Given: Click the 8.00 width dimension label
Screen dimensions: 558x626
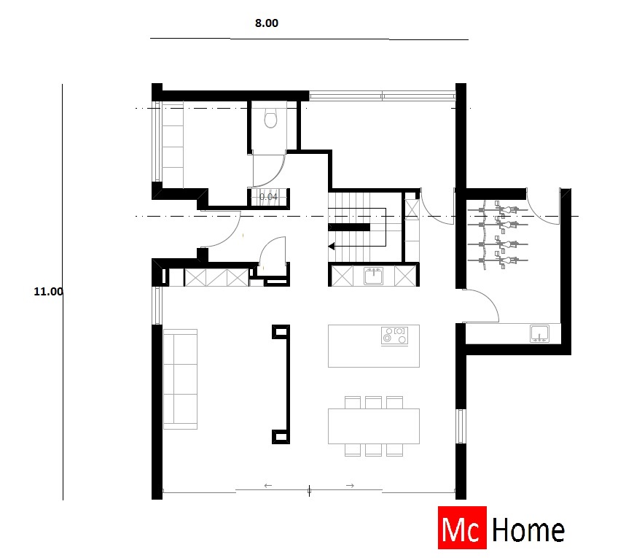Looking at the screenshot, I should (267, 23).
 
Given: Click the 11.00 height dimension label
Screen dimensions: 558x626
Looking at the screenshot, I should (48, 291).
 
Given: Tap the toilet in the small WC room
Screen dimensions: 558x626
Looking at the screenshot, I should (271, 117).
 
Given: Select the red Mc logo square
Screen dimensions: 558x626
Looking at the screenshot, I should (461, 528).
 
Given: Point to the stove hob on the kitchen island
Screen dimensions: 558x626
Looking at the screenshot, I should (394, 336).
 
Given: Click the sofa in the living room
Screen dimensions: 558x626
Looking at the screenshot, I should (180, 379).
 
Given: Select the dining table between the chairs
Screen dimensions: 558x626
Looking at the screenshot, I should (374, 426).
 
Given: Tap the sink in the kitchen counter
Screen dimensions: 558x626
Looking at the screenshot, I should (374, 276).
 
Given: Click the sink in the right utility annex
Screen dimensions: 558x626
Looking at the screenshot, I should (540, 333).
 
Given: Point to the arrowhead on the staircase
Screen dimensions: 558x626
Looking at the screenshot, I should (332, 247).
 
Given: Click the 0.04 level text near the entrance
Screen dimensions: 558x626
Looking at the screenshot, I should (268, 196).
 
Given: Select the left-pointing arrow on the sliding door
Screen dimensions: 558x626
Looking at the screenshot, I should (267, 485).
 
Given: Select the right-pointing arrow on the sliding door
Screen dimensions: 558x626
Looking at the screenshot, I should (350, 485).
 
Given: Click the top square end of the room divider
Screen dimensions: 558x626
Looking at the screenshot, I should (280, 333).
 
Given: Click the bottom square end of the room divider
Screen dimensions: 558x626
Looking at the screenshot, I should (280, 436).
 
